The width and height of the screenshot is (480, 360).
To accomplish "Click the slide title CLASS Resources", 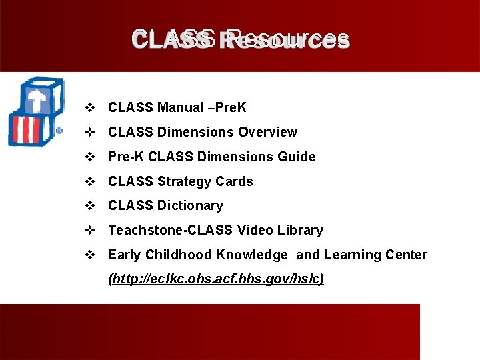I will coord(240,39).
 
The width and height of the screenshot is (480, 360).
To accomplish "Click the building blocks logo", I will coord(35,111).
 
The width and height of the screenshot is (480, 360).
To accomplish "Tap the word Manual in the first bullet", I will coord(181,107).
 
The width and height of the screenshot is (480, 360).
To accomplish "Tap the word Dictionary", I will coord(190,205).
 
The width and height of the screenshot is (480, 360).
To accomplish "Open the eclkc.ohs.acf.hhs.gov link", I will coord(216,279).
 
